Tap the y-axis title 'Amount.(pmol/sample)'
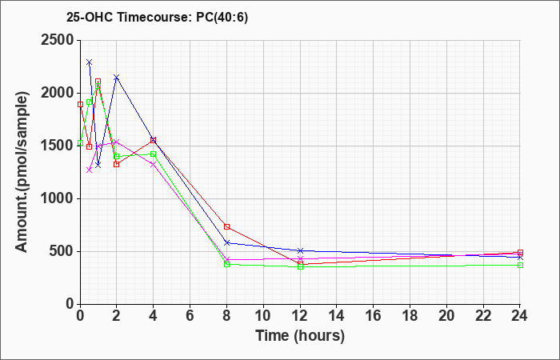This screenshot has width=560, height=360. tap(22, 172)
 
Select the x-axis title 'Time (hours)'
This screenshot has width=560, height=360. tap(300, 336)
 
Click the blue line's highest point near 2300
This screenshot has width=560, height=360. tap(89, 62)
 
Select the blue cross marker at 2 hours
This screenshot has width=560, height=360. tap(117, 78)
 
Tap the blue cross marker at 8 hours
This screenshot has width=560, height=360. tap(227, 242)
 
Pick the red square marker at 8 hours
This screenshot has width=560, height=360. tap(227, 226)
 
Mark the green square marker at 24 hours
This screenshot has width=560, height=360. tap(520, 265)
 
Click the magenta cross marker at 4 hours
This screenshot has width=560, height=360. tap(154, 165)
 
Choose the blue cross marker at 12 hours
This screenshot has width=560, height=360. tap(301, 251)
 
